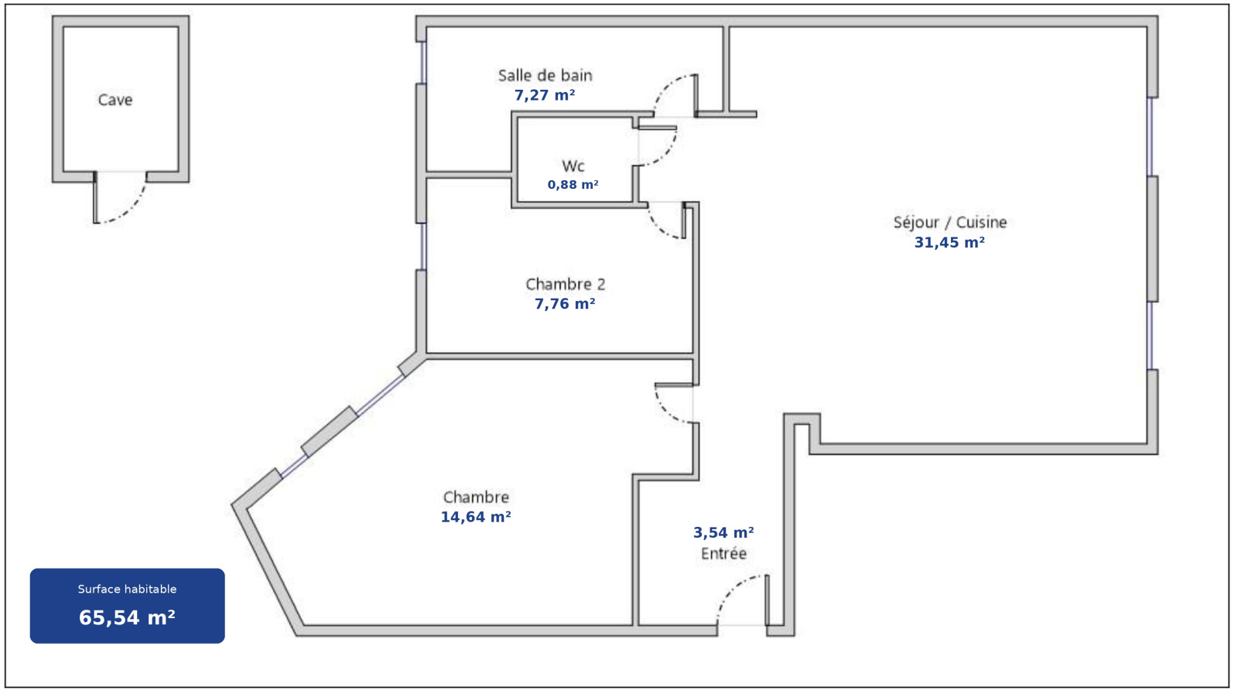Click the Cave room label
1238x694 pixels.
click(x=115, y=100)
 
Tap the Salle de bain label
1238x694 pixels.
click(x=545, y=76)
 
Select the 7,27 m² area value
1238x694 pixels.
click(x=545, y=96)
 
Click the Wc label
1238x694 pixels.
click(x=573, y=166)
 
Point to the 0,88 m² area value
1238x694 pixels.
click(x=573, y=185)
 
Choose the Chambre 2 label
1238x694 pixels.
click(x=565, y=285)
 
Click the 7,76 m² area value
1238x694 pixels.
click(x=565, y=305)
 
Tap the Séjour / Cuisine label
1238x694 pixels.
click(x=949, y=223)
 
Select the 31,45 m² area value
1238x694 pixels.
click(x=949, y=243)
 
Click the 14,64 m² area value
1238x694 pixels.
click(x=475, y=517)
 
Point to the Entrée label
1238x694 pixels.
click(x=723, y=554)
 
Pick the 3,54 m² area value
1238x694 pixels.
click(x=723, y=532)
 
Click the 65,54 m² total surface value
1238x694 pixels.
click(x=127, y=617)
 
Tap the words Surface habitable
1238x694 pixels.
click(x=127, y=589)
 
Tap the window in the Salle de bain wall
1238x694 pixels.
click(x=423, y=63)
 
